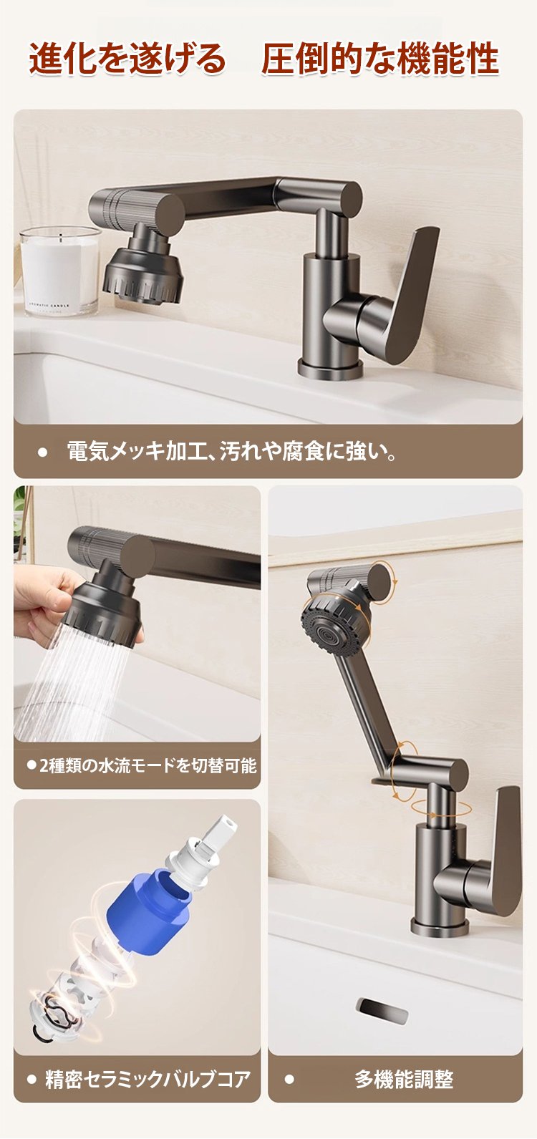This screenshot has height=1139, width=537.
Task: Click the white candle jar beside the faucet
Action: coord(60,270)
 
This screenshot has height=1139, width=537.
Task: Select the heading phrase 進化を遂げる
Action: coord(127,59)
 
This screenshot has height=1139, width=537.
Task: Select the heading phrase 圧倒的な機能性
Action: coord(380,59)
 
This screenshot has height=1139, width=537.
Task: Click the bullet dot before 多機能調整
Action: coord(289,1079)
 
